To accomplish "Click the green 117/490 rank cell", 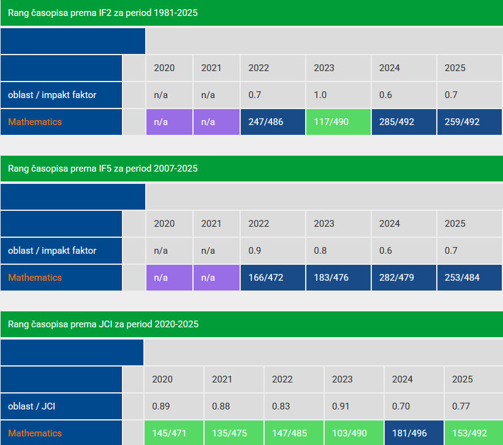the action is [338, 122].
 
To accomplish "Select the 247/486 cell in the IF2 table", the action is [273, 122].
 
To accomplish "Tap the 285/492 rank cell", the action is [404, 122].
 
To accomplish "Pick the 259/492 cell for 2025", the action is [469, 122].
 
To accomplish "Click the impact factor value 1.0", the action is [320, 95].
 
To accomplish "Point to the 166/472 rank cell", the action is [273, 278].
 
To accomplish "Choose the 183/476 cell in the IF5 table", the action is [338, 278].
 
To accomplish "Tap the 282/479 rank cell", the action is [404, 278].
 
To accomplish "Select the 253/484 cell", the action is [469, 278].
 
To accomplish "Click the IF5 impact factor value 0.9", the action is [255, 251].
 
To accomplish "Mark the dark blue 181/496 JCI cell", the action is [414, 433].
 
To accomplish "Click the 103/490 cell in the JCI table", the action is [354, 433].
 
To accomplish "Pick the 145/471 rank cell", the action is [174, 433].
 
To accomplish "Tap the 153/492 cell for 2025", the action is [473, 433].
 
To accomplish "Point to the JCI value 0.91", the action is [341, 406].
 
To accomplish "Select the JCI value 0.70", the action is [401, 406].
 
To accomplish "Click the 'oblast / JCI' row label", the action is [31, 406].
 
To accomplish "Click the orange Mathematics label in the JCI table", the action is [35, 433].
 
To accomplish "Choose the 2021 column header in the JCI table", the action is [222, 379].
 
